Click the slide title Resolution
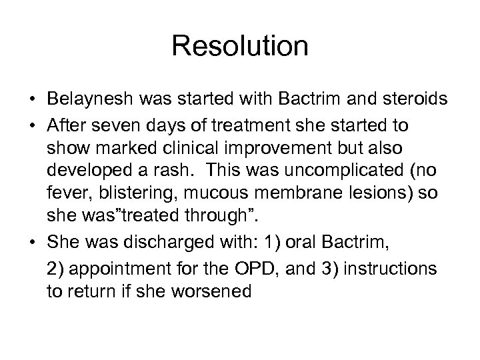(240, 47)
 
